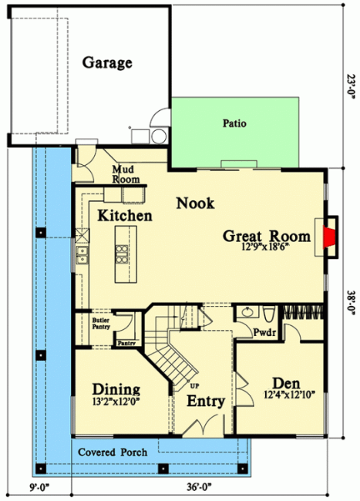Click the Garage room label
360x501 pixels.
(x=107, y=63)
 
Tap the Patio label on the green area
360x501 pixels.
(x=234, y=123)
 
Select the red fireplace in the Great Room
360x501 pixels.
(x=328, y=237)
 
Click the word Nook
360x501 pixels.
(x=195, y=203)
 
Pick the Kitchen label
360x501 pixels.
(x=125, y=216)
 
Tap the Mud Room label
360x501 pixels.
(x=126, y=174)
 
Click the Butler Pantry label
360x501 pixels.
(x=101, y=324)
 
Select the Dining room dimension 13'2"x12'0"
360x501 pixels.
(x=116, y=402)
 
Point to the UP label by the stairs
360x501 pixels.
(x=194, y=386)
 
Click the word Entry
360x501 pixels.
(x=206, y=402)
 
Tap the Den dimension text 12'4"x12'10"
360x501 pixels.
(x=290, y=395)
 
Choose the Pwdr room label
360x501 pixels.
(x=264, y=333)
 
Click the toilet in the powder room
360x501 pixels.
(x=268, y=314)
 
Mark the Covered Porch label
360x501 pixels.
(x=113, y=452)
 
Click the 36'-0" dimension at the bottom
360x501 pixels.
(x=200, y=487)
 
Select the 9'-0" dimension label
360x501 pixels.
(x=40, y=487)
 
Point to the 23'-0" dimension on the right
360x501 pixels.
(x=351, y=87)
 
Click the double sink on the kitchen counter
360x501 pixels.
(x=82, y=255)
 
